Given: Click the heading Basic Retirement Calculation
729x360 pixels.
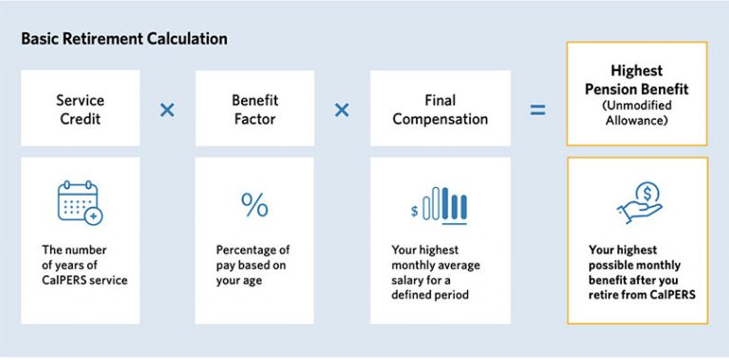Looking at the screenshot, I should coord(123,40).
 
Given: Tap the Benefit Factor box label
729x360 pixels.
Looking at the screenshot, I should coord(253,109).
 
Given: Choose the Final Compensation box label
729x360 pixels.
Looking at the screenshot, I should coord(439,109).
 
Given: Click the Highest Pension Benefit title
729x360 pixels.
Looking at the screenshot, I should coord(636,79).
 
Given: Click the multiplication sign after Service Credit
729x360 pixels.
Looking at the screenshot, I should coord(167,109).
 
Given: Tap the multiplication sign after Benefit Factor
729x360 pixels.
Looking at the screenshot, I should coord(342,109).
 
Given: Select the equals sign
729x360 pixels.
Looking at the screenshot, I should coord(537,110).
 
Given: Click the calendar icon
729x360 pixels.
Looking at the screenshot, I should coord(79,202).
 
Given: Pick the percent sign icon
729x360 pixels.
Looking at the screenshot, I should coord(254,204).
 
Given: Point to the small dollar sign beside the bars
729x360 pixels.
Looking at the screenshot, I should coord(415,211).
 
